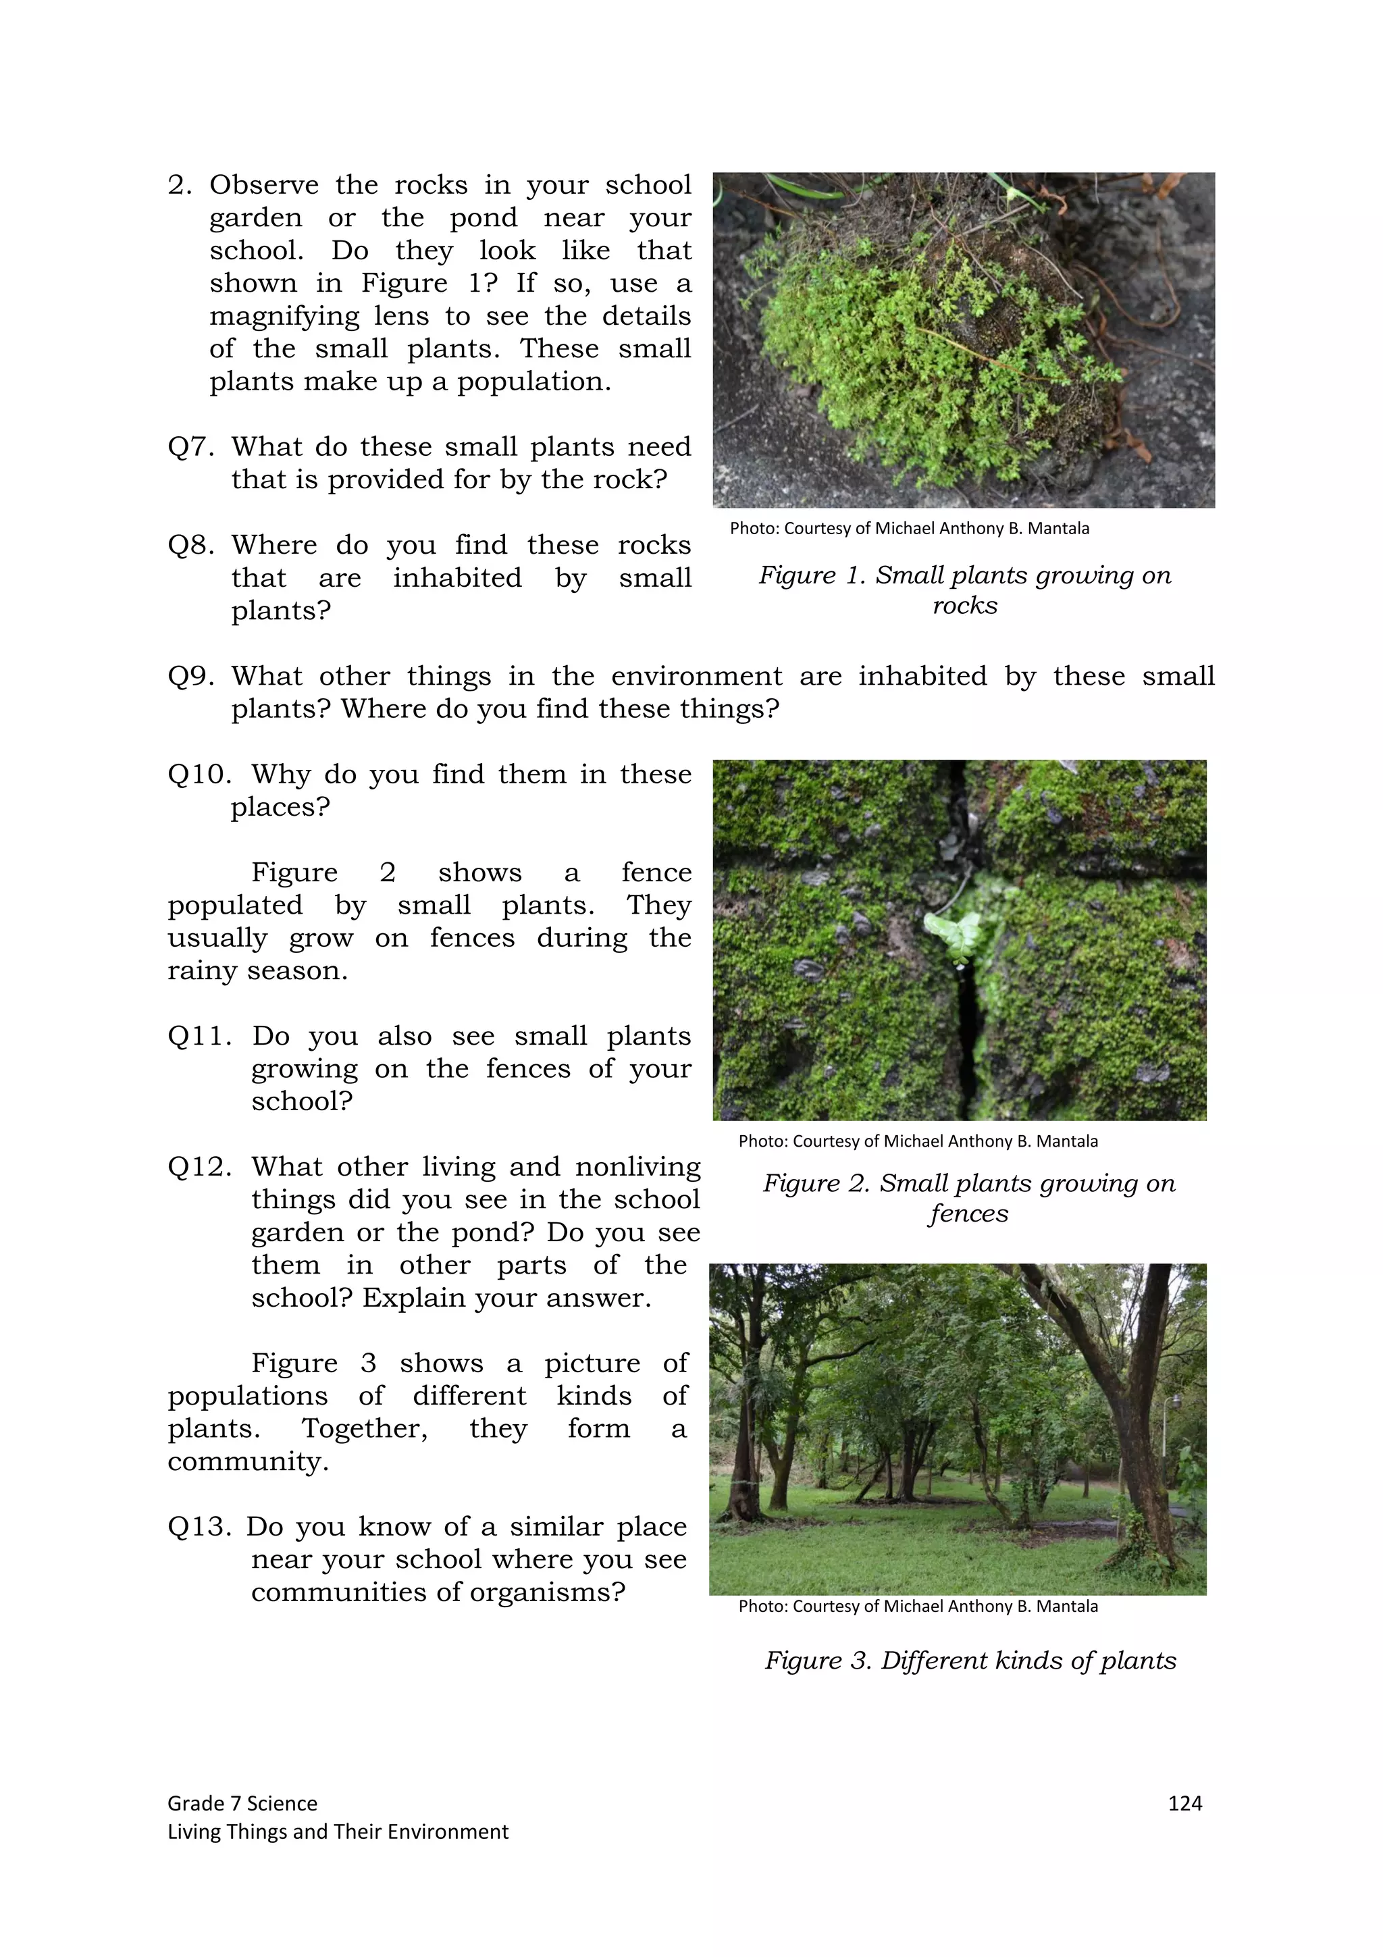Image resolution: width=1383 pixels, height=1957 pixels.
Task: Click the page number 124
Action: (x=1184, y=1803)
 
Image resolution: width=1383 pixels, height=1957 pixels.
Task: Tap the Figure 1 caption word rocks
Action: (x=964, y=605)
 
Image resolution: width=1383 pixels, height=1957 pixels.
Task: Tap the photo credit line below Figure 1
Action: (x=909, y=529)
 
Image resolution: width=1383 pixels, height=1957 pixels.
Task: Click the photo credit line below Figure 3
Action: (x=918, y=1606)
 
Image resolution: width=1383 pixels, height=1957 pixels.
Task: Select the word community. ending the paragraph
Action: (x=248, y=1461)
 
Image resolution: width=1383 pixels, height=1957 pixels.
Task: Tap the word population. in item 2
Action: (x=534, y=382)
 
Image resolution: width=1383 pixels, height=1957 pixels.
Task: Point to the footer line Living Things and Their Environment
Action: (x=338, y=1831)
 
